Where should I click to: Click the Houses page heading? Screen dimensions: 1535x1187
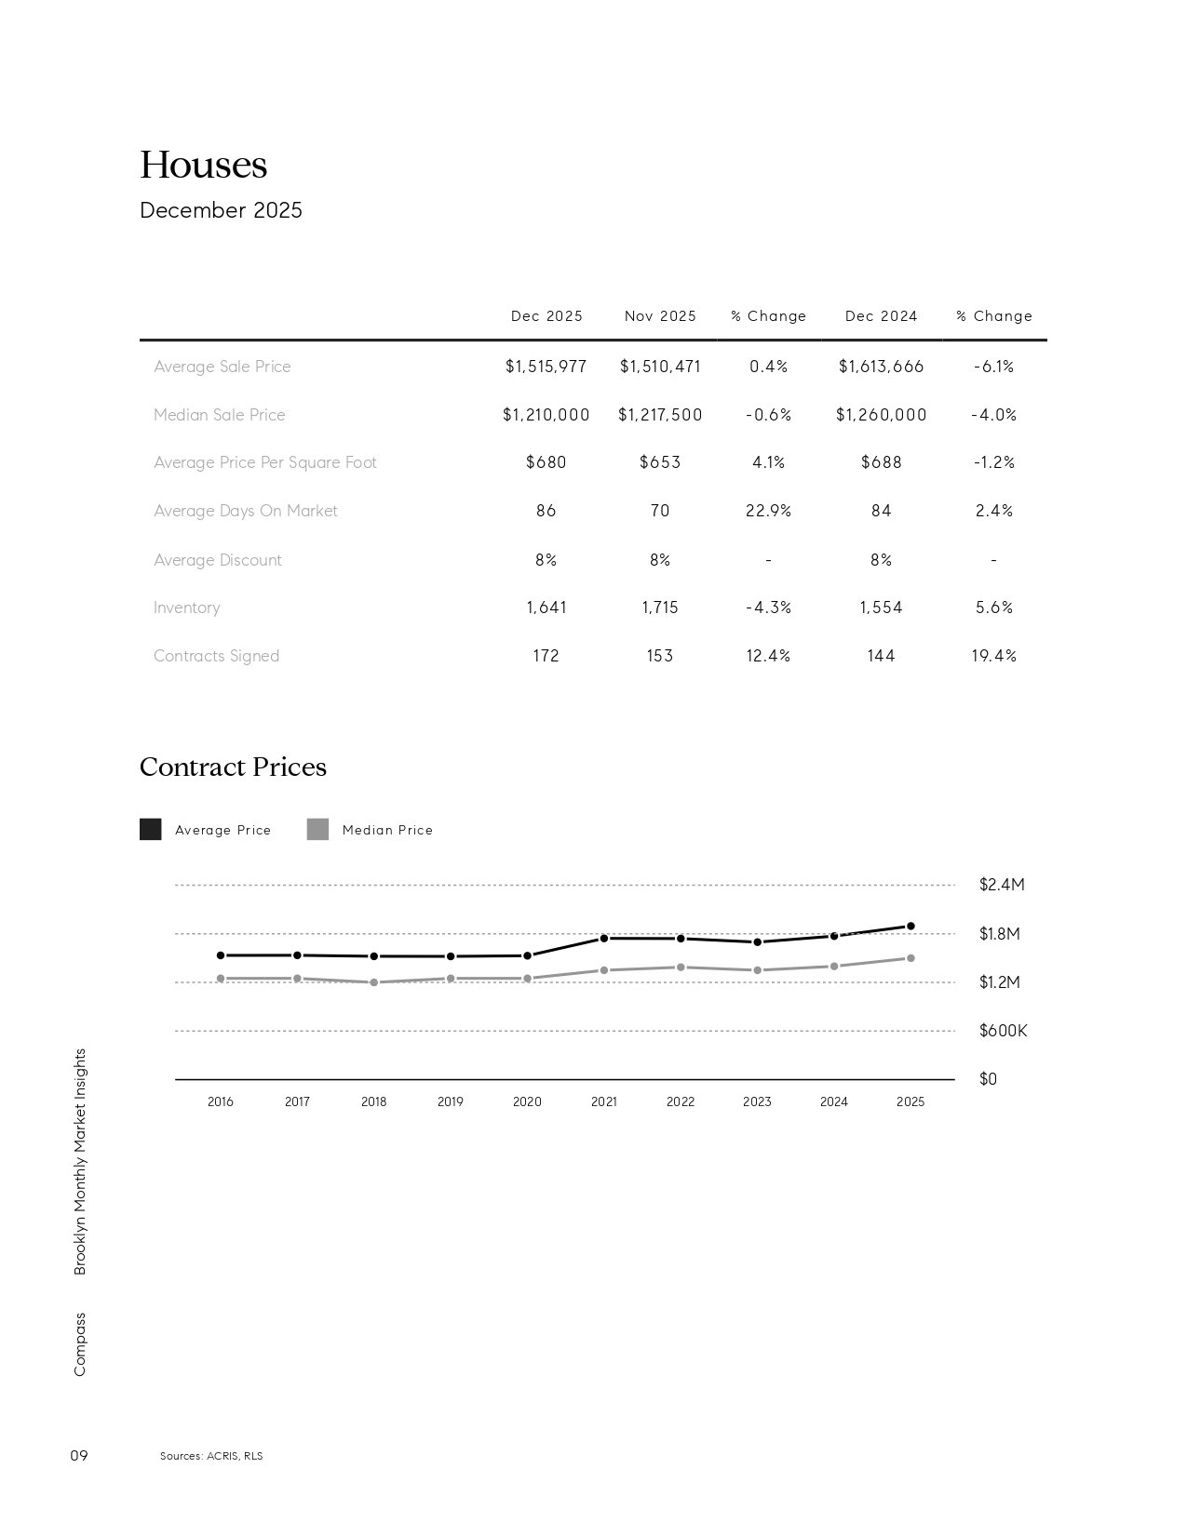pos(203,166)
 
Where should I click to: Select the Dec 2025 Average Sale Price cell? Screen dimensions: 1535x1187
pos(546,367)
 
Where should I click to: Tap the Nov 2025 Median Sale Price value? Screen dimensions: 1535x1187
pos(660,415)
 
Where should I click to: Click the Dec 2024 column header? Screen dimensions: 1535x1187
pos(881,316)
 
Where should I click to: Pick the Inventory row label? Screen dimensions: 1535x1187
pos(187,607)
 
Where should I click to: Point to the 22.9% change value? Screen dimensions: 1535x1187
pos(768,511)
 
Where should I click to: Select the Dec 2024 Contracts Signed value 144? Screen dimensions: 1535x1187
pos(881,656)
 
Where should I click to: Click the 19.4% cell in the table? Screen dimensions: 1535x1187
pos(993,656)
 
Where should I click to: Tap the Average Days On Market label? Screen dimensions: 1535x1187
pos(246,511)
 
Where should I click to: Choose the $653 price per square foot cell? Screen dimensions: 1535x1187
pos(660,462)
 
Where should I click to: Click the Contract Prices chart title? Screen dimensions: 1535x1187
pos(233,767)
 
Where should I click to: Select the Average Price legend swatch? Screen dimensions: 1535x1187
pos(150,830)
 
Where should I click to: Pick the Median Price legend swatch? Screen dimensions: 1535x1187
pos(317,830)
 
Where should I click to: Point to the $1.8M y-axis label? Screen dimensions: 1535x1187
pos(999,934)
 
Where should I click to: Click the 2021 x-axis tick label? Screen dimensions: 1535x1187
pos(603,1101)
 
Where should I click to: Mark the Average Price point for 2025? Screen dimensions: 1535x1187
pos(910,927)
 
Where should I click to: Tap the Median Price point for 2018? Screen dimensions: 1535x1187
pos(374,982)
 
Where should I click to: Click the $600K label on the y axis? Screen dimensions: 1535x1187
pos(1003,1031)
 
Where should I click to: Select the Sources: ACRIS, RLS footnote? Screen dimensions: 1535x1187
pos(211,1456)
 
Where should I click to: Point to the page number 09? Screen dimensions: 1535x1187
pos(79,1455)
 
